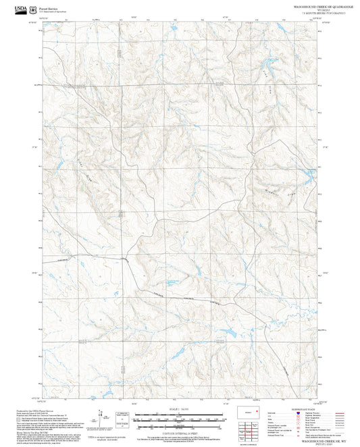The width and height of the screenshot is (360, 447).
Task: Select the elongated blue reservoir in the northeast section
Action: (259, 65)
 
